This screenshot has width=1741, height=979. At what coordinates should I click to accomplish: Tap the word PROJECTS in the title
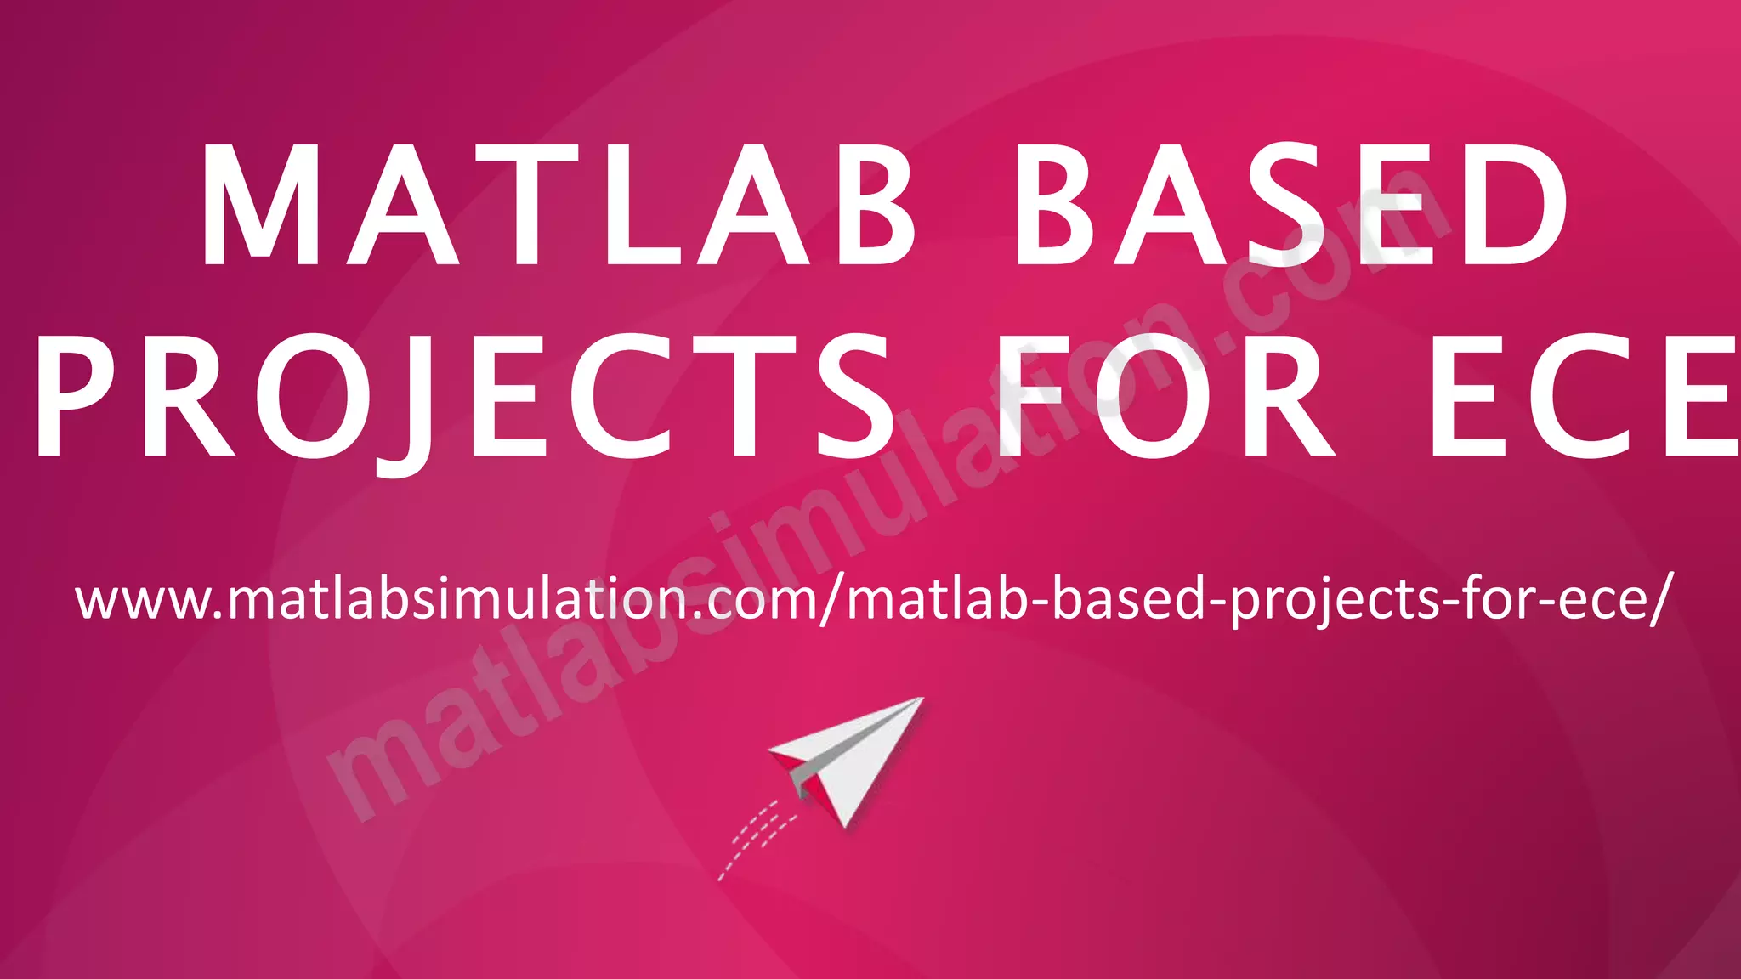[463, 395]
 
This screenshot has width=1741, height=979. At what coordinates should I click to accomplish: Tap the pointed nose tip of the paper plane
[921, 699]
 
